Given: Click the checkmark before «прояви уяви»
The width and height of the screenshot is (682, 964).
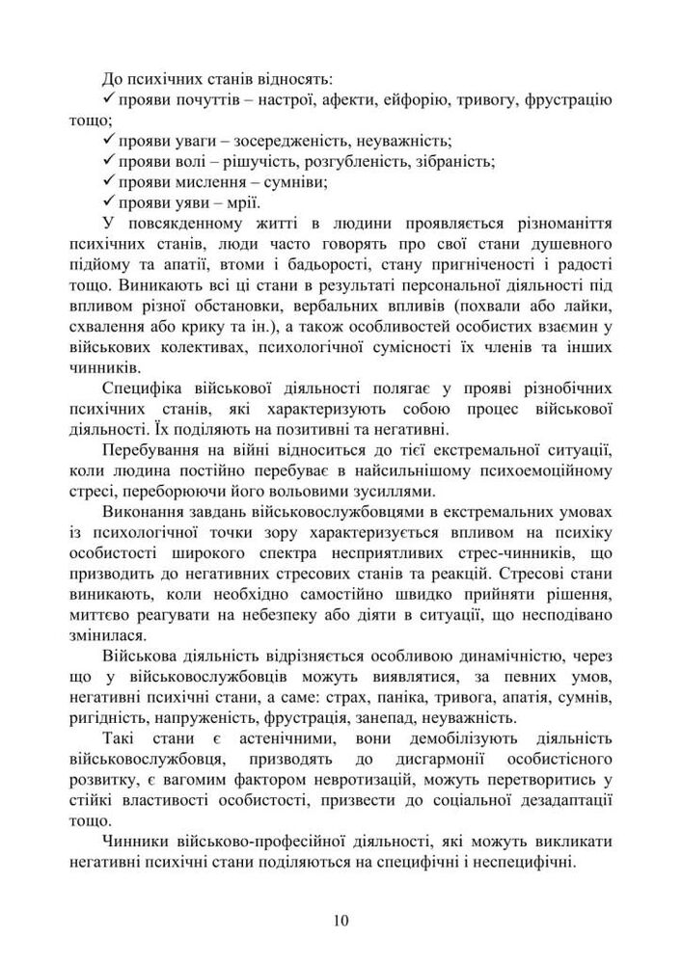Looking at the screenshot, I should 108,201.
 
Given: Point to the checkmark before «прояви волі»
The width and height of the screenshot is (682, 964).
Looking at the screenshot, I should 108,160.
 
